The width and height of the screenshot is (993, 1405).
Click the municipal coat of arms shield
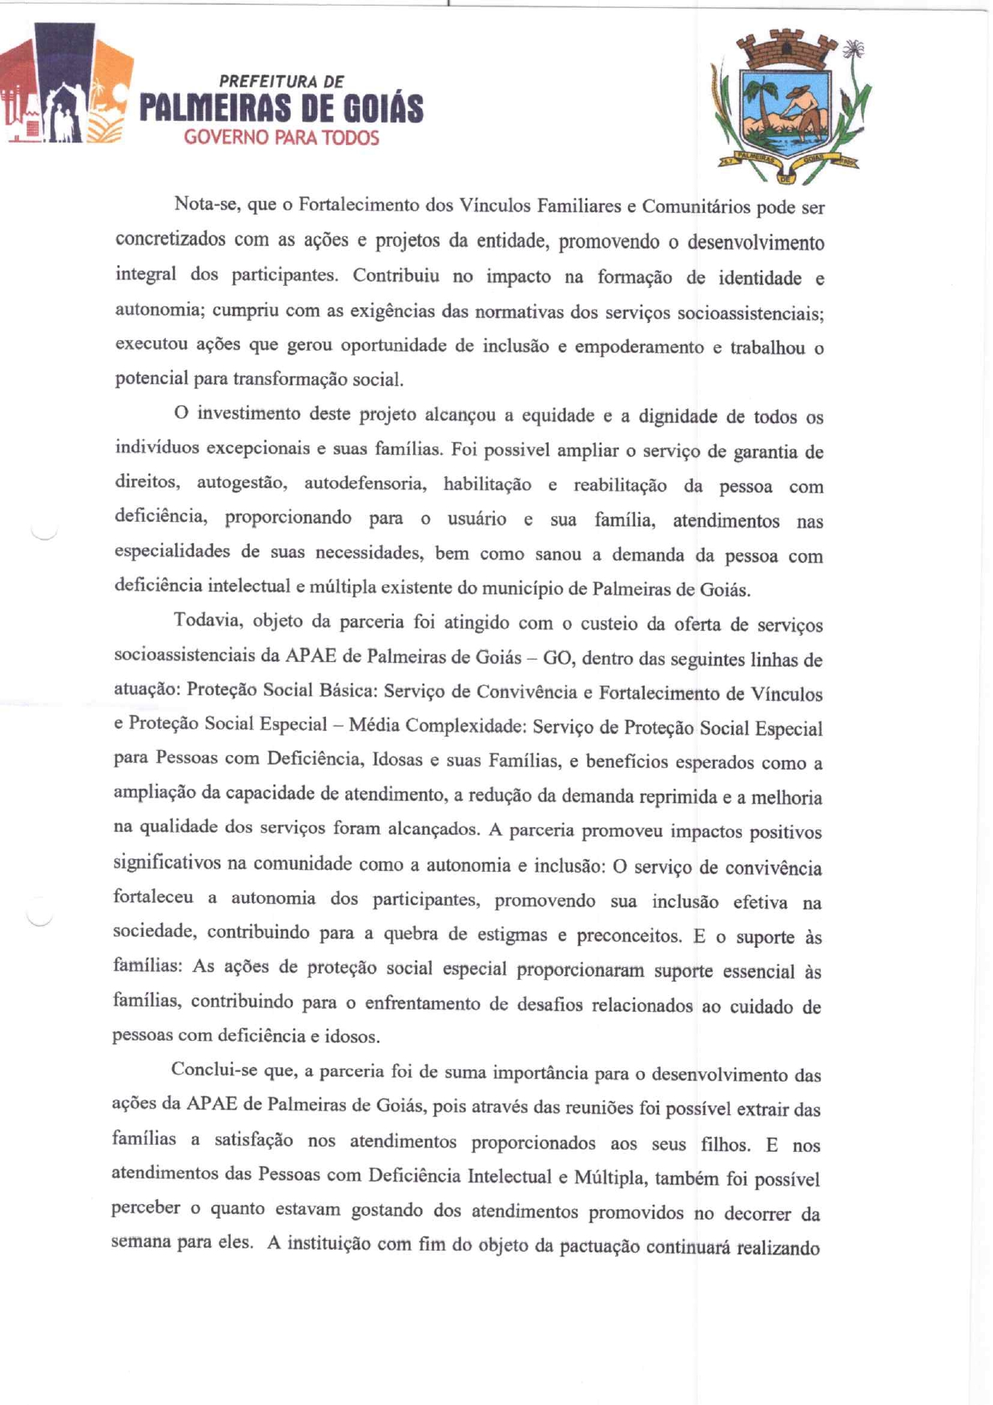coord(787,116)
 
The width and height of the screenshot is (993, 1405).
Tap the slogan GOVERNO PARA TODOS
coord(281,138)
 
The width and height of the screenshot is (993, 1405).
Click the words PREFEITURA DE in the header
coord(281,82)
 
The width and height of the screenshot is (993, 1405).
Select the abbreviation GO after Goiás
coord(557,658)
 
